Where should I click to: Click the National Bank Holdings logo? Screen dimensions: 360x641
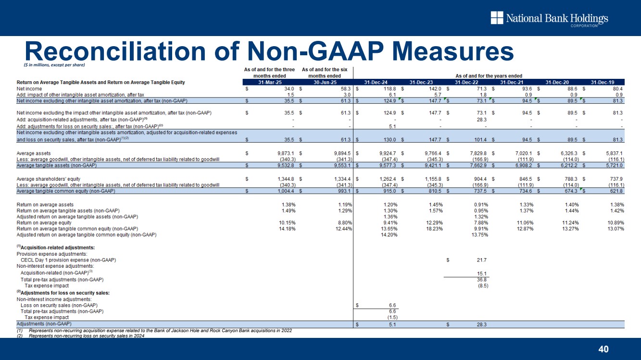click(x=549, y=19)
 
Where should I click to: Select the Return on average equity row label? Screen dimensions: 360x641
click(x=44, y=223)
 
